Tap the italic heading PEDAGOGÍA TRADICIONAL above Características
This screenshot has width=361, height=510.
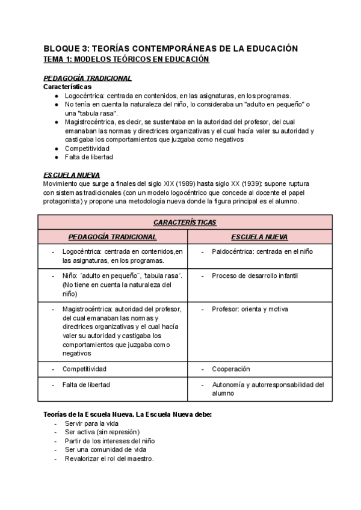point(88,78)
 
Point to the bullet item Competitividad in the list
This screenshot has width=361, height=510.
point(87,148)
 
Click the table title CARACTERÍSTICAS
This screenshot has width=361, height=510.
point(184,222)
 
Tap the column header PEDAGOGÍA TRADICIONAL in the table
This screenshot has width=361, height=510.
point(113,237)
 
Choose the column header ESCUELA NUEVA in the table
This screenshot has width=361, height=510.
point(259,237)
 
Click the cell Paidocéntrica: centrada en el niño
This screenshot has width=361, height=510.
point(262,251)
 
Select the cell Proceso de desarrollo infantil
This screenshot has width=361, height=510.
point(255,276)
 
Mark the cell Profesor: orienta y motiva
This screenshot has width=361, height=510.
point(250,309)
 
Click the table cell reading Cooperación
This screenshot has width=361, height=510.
point(230,369)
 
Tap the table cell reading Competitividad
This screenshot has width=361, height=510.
point(85,369)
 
